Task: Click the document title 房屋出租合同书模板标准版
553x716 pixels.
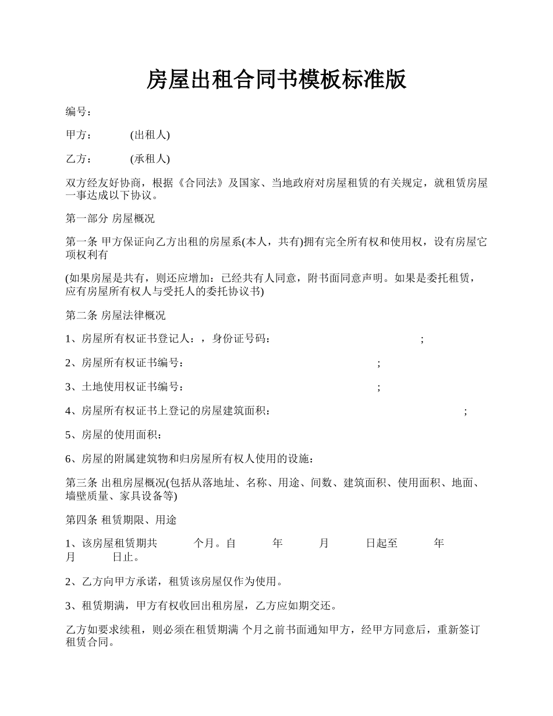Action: tap(276, 80)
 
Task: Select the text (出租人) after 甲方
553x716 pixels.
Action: tap(150, 136)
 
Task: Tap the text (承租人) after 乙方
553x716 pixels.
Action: tap(150, 159)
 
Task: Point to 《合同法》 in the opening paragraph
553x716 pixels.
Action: tap(200, 183)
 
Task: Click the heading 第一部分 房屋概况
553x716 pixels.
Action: tap(110, 219)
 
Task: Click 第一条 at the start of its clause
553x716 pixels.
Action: tap(81, 243)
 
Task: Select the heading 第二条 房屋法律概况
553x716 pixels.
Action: tap(115, 316)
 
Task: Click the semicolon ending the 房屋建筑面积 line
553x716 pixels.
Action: tap(465, 412)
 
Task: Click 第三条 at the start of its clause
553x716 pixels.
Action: tap(81, 483)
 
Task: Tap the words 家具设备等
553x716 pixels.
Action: tap(146, 496)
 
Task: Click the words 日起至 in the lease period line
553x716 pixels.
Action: tap(382, 544)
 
